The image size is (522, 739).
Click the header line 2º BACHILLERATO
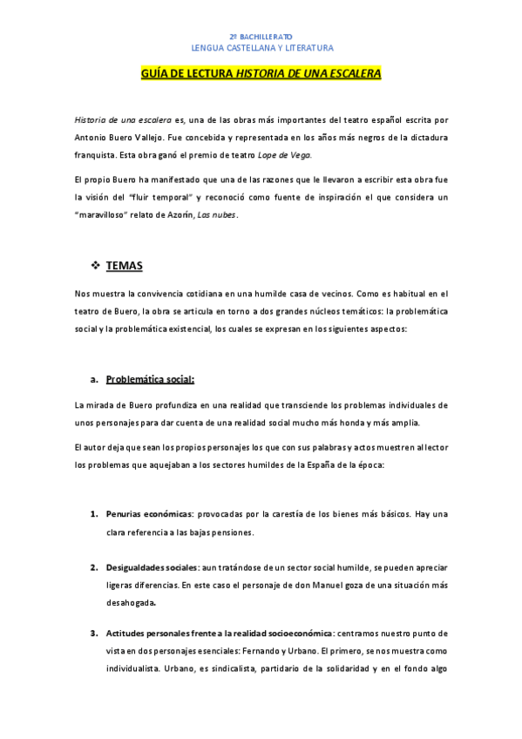coord(261,37)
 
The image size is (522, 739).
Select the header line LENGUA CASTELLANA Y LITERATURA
coord(261,49)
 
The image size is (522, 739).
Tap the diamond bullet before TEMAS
coord(96,264)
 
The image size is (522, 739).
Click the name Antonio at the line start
coord(92,137)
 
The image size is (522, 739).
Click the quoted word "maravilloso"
coord(108,214)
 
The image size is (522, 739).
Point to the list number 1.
coord(94,515)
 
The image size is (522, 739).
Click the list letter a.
coord(93,380)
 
